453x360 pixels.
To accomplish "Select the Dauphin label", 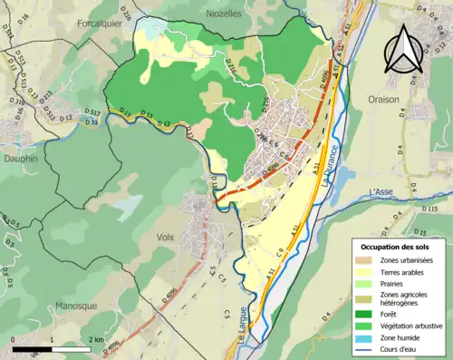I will [19, 158].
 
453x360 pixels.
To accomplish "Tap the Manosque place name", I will [76, 306].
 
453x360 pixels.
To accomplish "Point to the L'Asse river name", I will [385, 191].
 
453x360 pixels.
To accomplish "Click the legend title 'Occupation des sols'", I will [396, 246].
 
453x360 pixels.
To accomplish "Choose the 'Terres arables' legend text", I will [405, 273].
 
